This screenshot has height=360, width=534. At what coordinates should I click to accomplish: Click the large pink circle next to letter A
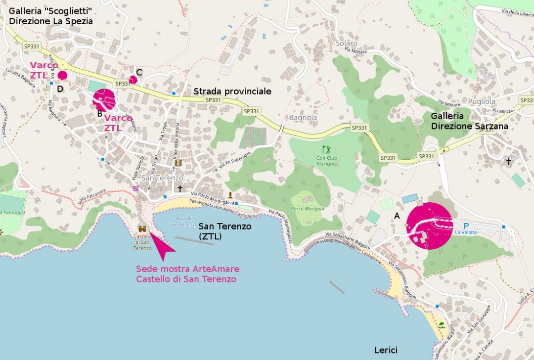coord(429,225)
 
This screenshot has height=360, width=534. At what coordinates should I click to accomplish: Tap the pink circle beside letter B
coord(104,100)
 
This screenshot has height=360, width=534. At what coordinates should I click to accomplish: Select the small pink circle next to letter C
coord(133,80)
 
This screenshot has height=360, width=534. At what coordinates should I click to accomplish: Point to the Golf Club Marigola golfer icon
coord(326,149)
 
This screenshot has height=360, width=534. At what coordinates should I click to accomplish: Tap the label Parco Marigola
coord(308,209)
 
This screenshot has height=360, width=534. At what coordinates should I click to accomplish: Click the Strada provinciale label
coord(232,91)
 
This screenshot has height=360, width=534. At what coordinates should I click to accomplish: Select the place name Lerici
coord(385,350)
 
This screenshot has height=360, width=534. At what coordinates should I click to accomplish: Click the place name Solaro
coord(346,44)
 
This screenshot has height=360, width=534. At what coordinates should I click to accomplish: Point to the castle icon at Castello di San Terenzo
coord(142,229)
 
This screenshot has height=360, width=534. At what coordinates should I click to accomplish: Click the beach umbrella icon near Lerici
coord(441,325)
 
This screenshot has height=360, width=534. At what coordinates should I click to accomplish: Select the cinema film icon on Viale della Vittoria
coord(178,163)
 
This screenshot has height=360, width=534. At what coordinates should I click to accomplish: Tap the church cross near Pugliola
coord(508,161)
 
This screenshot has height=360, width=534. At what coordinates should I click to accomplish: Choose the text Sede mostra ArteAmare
coord(187,269)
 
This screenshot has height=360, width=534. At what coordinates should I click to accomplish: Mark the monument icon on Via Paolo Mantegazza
coord(230,194)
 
